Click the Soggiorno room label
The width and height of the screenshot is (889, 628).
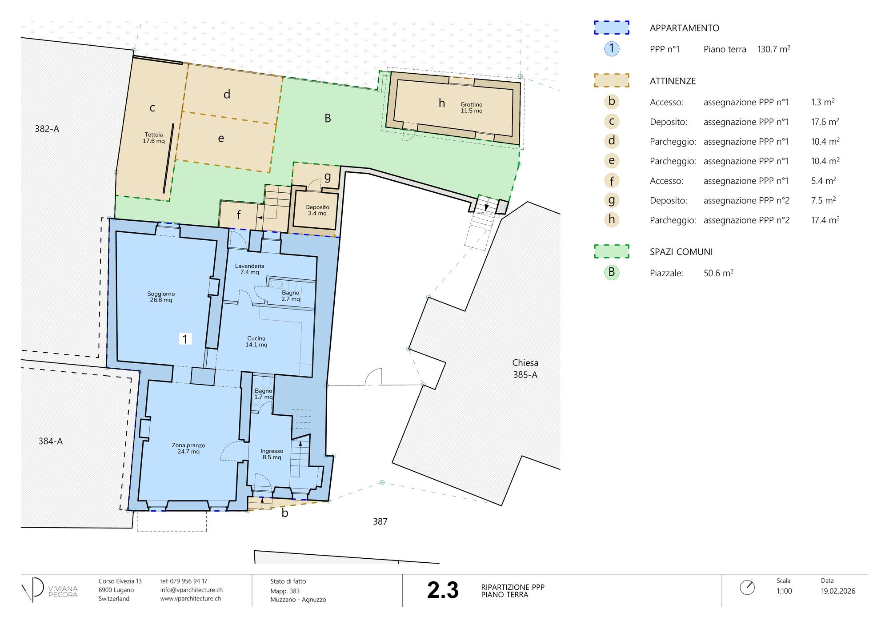point(161,297)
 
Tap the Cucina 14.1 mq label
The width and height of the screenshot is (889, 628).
point(256,342)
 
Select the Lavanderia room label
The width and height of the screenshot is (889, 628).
point(250,269)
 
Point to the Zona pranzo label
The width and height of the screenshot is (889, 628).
point(188,449)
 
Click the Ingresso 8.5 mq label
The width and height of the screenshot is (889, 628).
point(272,454)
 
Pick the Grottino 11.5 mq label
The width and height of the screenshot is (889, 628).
point(472,107)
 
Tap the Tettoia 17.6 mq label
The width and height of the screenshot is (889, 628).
point(154,138)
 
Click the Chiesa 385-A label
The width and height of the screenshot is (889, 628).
point(525,369)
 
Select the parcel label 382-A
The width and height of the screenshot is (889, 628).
point(47,129)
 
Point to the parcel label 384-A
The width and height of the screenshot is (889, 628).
point(50,441)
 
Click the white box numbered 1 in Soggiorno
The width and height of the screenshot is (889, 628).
point(185,339)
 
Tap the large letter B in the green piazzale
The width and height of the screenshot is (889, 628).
point(328,118)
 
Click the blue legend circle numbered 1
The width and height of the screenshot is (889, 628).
point(612,48)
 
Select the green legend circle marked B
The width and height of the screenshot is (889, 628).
point(612,272)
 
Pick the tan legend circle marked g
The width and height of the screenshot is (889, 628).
point(612,200)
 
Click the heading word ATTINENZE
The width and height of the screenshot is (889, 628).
point(673,81)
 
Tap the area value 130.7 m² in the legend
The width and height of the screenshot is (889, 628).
point(774,49)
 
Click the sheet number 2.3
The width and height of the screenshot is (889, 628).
point(443,590)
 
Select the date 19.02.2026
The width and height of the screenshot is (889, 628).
point(838,591)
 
